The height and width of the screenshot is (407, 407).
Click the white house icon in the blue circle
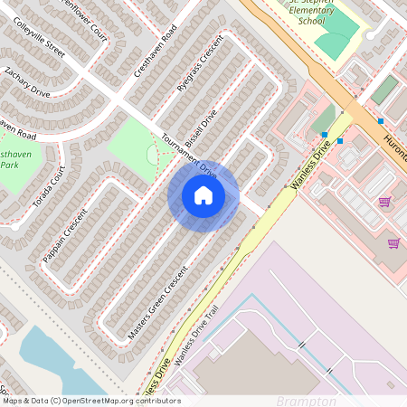(203, 195)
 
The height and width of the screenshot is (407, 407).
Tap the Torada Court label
(50, 188)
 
